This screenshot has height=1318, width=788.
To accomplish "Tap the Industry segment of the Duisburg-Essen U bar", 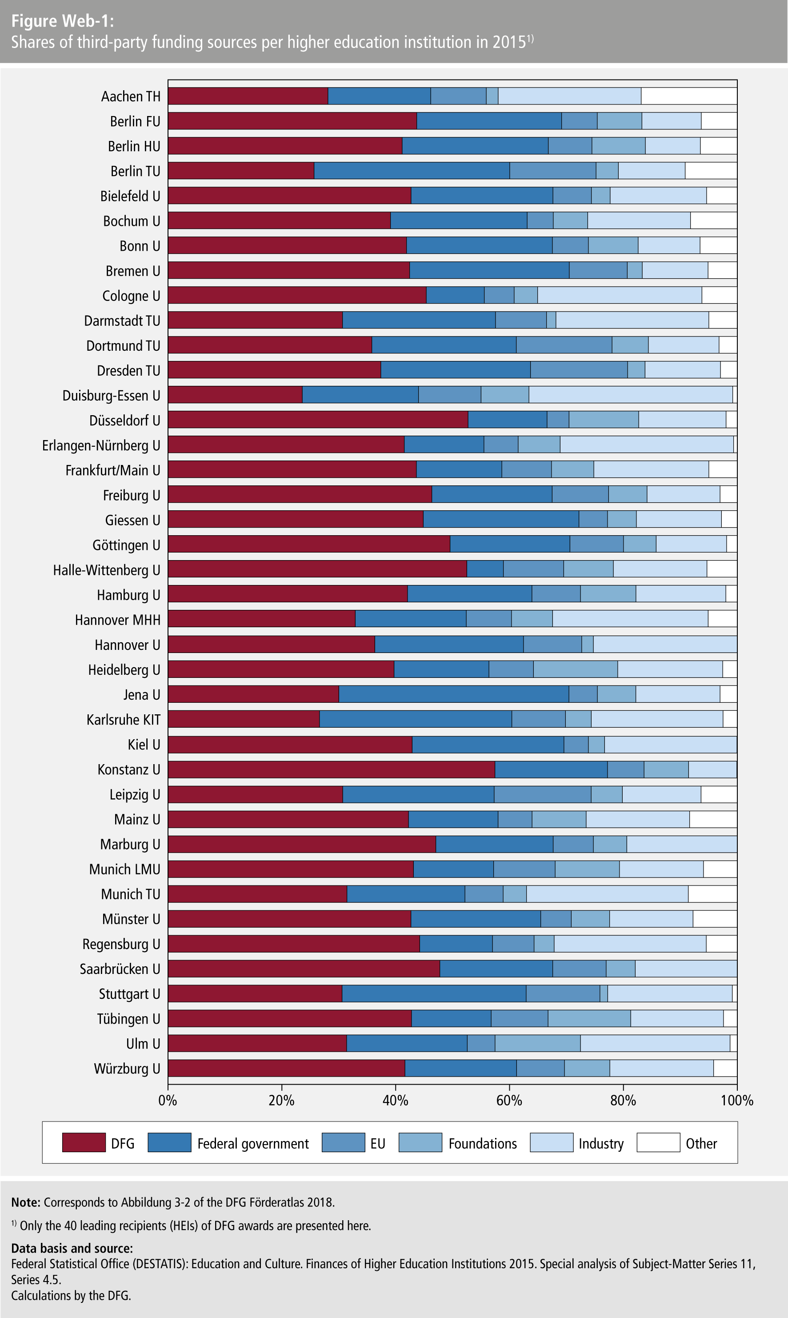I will pyautogui.click(x=630, y=395).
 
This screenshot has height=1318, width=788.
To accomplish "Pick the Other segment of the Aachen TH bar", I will pyautogui.click(x=689, y=96).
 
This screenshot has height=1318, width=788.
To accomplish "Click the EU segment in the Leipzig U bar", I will pyautogui.click(x=542, y=794).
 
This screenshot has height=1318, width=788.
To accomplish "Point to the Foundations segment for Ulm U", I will pyautogui.click(x=537, y=1043).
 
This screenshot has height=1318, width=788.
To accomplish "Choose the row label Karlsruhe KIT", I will pyautogui.click(x=123, y=720).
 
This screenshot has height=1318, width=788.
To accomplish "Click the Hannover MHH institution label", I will pyautogui.click(x=117, y=620).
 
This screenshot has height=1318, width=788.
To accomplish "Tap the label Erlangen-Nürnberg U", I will pyautogui.click(x=101, y=445).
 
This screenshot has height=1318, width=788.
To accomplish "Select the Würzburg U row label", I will pyautogui.click(x=127, y=1069).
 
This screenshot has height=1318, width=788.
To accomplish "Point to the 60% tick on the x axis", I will pyautogui.click(x=509, y=1100).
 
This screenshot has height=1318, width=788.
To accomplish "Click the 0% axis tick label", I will pyautogui.click(x=168, y=1100).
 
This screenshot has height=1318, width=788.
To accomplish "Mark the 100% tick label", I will pyautogui.click(x=736, y=1100).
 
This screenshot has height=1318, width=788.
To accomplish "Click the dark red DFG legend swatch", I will pyautogui.click(x=84, y=1142).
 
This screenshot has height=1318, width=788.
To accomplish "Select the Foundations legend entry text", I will pyautogui.click(x=482, y=1143).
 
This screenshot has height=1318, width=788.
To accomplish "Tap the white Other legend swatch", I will pyautogui.click(x=658, y=1142).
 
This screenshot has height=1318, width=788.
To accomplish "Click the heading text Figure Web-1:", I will pyautogui.click(x=63, y=21).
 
